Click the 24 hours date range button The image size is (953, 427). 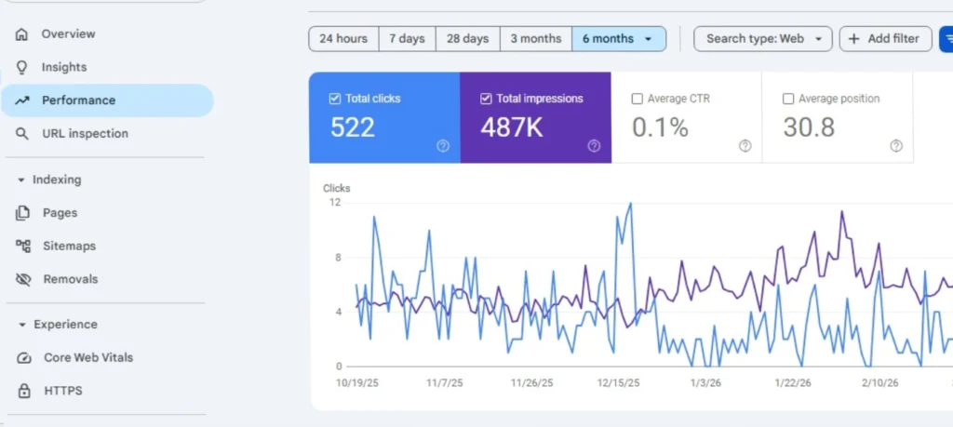[x=343, y=39]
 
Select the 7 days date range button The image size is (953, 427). [x=407, y=39]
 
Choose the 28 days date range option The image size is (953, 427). [x=467, y=39]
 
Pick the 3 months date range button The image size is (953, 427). [x=535, y=39]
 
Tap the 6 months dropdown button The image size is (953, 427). [x=619, y=39]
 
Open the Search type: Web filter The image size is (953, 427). [x=763, y=39]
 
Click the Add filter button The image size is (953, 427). [x=884, y=39]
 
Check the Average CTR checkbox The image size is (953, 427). [x=637, y=99]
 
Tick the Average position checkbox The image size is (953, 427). [x=788, y=99]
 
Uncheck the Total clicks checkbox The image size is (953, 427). [x=335, y=99]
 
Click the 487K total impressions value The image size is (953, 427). [x=512, y=127]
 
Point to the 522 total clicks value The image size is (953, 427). [x=353, y=127]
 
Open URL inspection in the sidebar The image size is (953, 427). [x=85, y=133]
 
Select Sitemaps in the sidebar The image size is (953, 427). [x=69, y=246]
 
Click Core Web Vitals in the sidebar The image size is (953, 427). [x=88, y=357]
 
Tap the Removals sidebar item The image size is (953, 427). [x=70, y=279]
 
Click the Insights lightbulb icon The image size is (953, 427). [x=22, y=67]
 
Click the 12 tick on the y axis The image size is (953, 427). [x=335, y=202]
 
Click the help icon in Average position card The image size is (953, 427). [x=895, y=146]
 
